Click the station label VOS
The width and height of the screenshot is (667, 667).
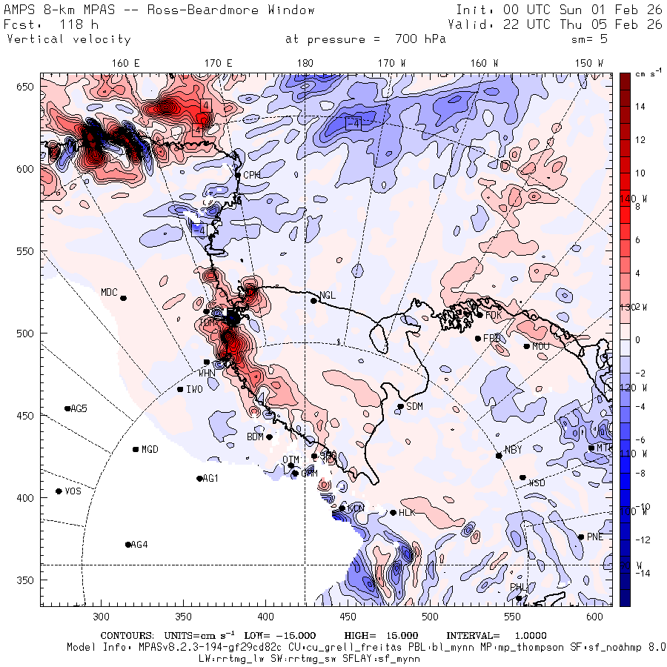tap(73, 491)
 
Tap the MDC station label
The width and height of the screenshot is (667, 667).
tap(109, 292)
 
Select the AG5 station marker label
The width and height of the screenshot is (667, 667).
tap(79, 408)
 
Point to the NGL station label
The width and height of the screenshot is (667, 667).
tap(328, 295)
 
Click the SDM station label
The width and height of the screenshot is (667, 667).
tap(415, 406)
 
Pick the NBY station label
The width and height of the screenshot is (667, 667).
tap(513, 450)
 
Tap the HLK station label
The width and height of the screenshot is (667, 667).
tap(407, 512)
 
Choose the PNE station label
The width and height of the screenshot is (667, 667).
tap(595, 537)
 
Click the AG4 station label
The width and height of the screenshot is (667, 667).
tap(139, 545)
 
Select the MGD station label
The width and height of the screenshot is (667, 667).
tap(150, 449)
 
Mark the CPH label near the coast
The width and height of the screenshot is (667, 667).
tap(253, 175)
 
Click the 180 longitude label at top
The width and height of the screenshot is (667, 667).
tap(305, 63)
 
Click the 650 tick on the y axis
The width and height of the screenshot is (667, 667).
tap(27, 87)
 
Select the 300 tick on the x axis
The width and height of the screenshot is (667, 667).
tap(102, 617)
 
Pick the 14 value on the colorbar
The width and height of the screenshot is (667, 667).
tap(640, 107)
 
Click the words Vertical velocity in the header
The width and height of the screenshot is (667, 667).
tap(68, 39)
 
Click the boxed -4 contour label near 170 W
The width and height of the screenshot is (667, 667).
tap(354, 122)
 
